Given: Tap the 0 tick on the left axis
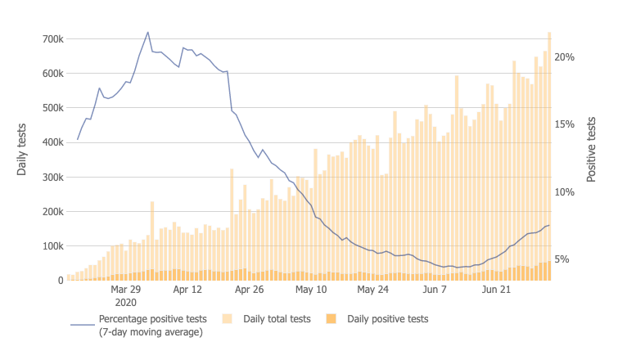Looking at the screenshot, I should [61, 281].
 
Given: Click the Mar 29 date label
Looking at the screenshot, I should [126, 290].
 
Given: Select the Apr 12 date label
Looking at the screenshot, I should [187, 290].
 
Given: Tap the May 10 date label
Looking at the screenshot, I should [311, 290].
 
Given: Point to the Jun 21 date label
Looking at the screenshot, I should [496, 290].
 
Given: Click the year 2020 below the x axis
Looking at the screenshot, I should [126, 301].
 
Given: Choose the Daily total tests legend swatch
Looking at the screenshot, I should [228, 318].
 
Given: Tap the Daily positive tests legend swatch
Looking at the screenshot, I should [332, 318].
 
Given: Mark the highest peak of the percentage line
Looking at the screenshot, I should [148, 32].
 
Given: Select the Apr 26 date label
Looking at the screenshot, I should [249, 290].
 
